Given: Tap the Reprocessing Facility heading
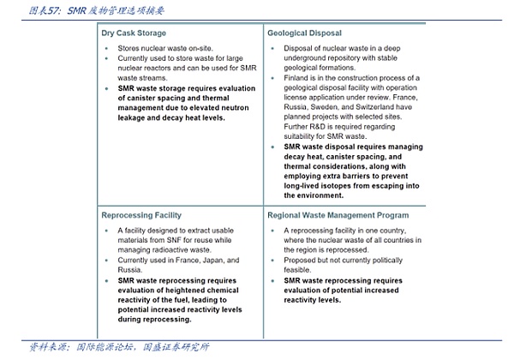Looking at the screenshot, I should (141, 214).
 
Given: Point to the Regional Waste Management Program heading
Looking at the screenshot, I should (338, 214).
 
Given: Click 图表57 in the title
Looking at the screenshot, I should (43, 11).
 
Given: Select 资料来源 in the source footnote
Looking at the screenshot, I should (47, 347).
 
